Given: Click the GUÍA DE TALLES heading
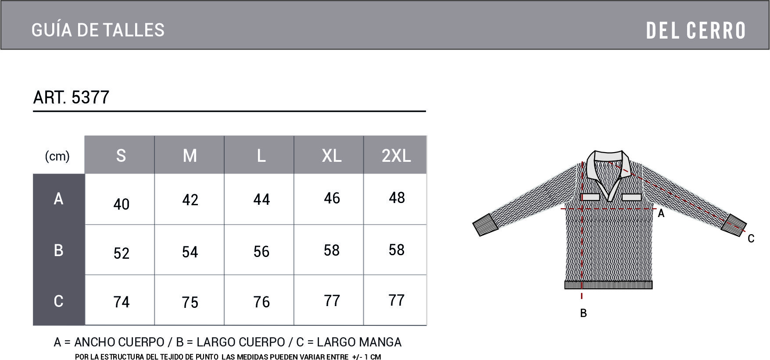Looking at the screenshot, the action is pos(98,30).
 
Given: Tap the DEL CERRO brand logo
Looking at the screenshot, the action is pos(696,30).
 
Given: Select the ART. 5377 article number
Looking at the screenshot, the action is pos(71,97).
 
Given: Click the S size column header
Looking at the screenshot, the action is pos(121,156).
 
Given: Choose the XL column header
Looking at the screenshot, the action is pos(331,156).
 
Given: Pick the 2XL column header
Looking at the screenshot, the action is pos(396,156).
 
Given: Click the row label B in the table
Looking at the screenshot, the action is pos(58,250).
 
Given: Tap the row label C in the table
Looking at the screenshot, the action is pos(58,301).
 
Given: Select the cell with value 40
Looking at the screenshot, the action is pos(121,204).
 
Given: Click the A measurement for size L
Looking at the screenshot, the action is pos(261,200).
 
